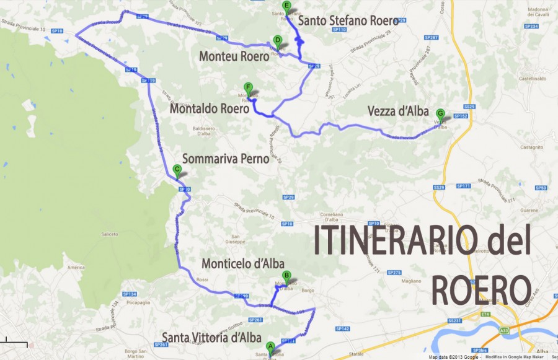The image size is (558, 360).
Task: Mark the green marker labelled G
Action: pos(440,114)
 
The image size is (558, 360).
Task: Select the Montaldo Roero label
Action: pos(210,109)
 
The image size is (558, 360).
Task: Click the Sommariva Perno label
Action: pos(226,159)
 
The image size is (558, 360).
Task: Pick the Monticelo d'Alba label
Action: pos(242,264)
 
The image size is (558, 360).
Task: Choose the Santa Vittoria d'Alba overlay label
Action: pos(211,338)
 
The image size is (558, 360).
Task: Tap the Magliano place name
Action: pos(411,281)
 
